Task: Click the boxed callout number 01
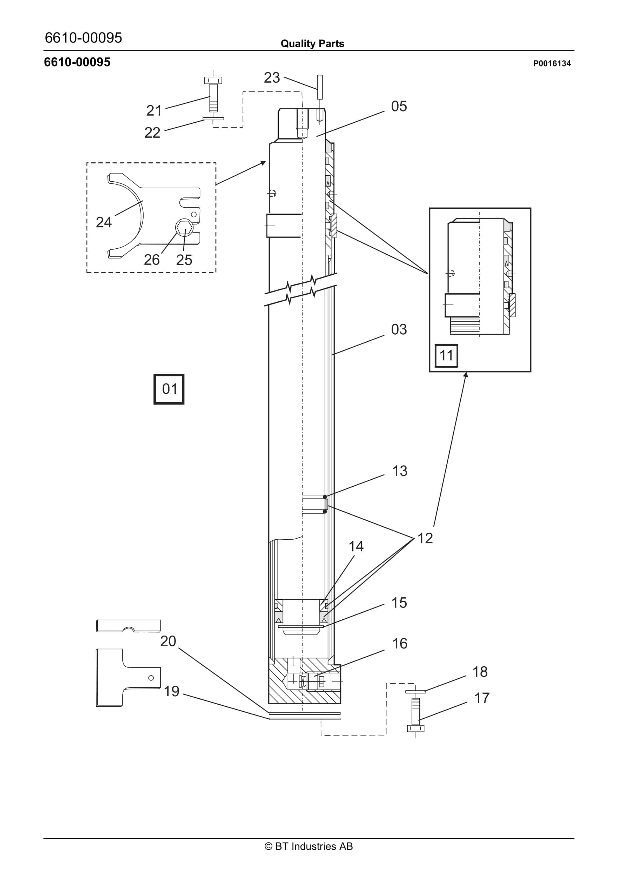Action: [169, 389]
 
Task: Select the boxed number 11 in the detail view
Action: [446, 355]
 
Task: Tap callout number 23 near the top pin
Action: [272, 78]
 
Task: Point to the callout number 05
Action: [399, 106]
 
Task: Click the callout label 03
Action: [399, 329]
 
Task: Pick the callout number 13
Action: [400, 471]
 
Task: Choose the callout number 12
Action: [425, 538]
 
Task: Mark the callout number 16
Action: [400, 643]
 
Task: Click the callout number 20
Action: [168, 641]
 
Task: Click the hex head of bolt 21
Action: [213, 80]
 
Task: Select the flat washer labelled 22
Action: [213, 119]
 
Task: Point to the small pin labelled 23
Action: [320, 87]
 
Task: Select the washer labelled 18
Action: [415, 691]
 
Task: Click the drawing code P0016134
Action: [552, 64]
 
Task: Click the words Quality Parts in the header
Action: [312, 43]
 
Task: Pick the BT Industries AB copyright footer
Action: [309, 846]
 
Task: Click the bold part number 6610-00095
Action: [77, 62]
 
